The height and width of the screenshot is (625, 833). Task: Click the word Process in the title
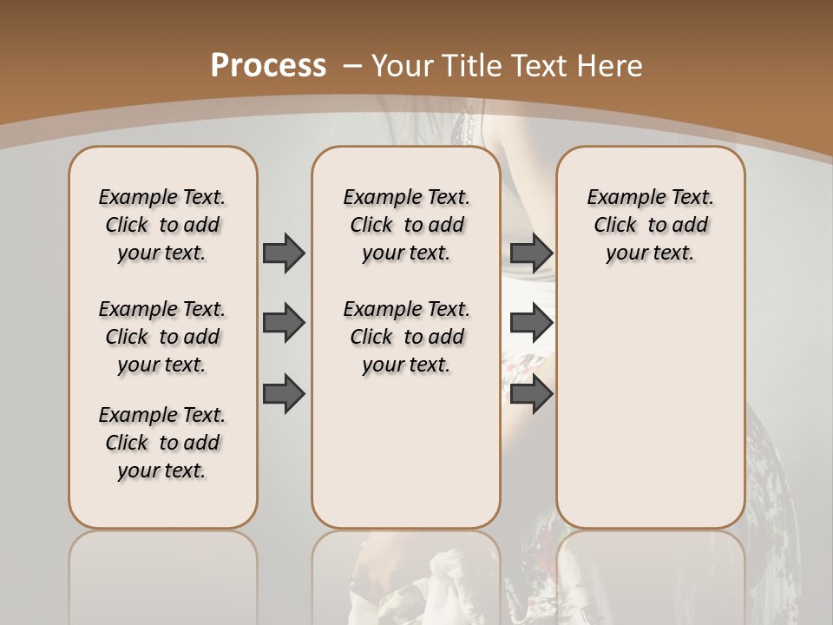coord(268,65)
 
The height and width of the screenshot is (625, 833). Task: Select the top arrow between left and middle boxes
coord(284,253)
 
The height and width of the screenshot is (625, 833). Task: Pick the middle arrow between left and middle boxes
coord(284,324)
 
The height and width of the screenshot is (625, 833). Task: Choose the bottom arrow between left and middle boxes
coord(284,393)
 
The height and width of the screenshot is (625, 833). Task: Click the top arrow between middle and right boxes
coord(531,253)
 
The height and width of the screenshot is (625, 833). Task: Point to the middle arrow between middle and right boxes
coord(531,324)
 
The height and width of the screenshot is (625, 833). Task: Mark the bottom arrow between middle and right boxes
coord(531,393)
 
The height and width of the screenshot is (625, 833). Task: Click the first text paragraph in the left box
coord(162,225)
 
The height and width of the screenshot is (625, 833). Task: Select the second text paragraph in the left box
coord(162,337)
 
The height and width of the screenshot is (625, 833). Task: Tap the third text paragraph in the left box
coord(162,443)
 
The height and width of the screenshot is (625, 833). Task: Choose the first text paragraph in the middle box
coord(406,225)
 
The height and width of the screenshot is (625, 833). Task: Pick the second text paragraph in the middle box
coord(406,337)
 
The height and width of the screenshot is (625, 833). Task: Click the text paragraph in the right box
coord(650,225)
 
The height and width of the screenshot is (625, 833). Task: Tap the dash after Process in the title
coord(353,65)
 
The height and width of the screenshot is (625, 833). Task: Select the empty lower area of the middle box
coord(406,451)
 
